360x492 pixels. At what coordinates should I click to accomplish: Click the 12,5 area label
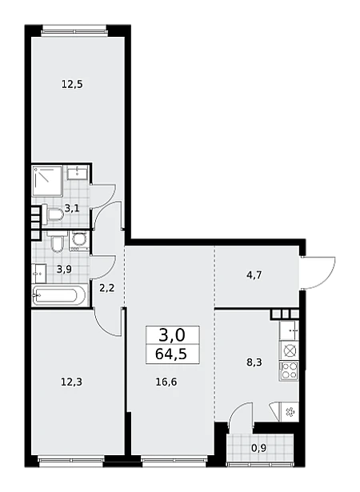72,85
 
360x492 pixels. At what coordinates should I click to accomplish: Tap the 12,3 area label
72,382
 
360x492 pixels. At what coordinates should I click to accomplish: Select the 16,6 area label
166,382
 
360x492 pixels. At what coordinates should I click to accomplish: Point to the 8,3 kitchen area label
254,362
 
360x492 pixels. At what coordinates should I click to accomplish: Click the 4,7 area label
254,275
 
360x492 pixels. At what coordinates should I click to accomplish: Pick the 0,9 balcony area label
258,448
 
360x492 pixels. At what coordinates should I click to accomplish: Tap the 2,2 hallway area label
106,288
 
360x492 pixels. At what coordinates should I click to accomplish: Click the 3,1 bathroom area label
72,208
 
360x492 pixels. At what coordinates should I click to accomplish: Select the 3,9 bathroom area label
64,269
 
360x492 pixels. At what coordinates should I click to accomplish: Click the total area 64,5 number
171,354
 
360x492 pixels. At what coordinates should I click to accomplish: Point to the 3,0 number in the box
172,335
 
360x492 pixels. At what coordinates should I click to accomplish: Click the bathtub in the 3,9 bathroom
58,295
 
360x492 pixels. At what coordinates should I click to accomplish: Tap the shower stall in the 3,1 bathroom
47,181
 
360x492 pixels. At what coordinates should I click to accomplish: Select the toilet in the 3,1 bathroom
53,213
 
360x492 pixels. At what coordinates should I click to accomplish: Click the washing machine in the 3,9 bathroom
78,241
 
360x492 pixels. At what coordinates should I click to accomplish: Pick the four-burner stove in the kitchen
289,371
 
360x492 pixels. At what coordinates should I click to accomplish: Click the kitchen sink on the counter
289,330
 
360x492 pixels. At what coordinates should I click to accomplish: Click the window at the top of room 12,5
74,31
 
